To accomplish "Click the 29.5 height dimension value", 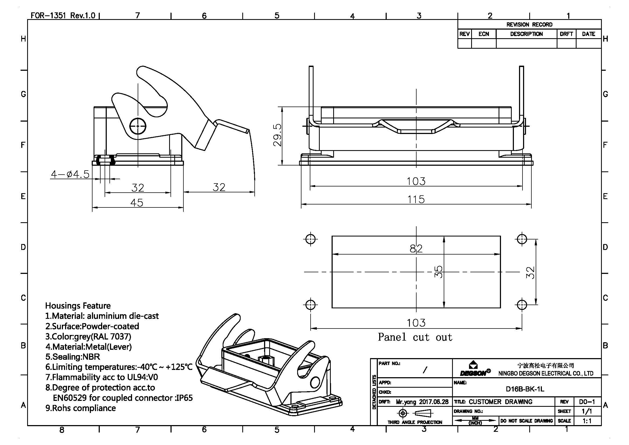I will [x=277, y=135].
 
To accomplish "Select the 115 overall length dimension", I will [x=416, y=199].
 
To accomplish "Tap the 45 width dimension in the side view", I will [x=137, y=203].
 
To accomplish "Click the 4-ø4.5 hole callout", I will [x=70, y=174].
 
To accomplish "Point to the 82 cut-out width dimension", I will [x=416, y=249].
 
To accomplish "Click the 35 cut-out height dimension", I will [x=438, y=271].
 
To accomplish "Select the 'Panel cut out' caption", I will [x=415, y=337].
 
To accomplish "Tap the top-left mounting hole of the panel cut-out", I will [x=310, y=239].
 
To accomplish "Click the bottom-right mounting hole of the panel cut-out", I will [x=522, y=305].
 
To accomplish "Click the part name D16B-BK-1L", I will [x=525, y=389].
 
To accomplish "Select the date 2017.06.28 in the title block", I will [x=434, y=402].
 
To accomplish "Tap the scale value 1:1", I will [x=587, y=421].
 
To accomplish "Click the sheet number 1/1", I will [x=587, y=411].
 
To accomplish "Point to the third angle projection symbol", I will [x=414, y=413].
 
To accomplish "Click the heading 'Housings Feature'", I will [x=78, y=306].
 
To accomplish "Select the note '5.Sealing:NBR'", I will [x=73, y=357].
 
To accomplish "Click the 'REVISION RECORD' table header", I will [x=529, y=24].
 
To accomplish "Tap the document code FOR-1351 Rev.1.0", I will [x=63, y=15].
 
